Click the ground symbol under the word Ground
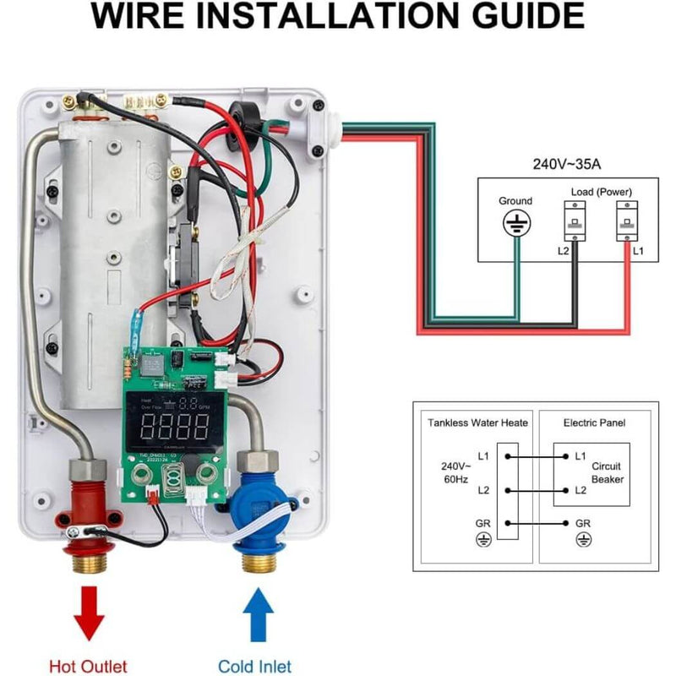point(515,225)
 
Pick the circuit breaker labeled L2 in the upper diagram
point(575,224)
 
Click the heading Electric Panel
point(595,422)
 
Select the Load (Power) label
point(601,191)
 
